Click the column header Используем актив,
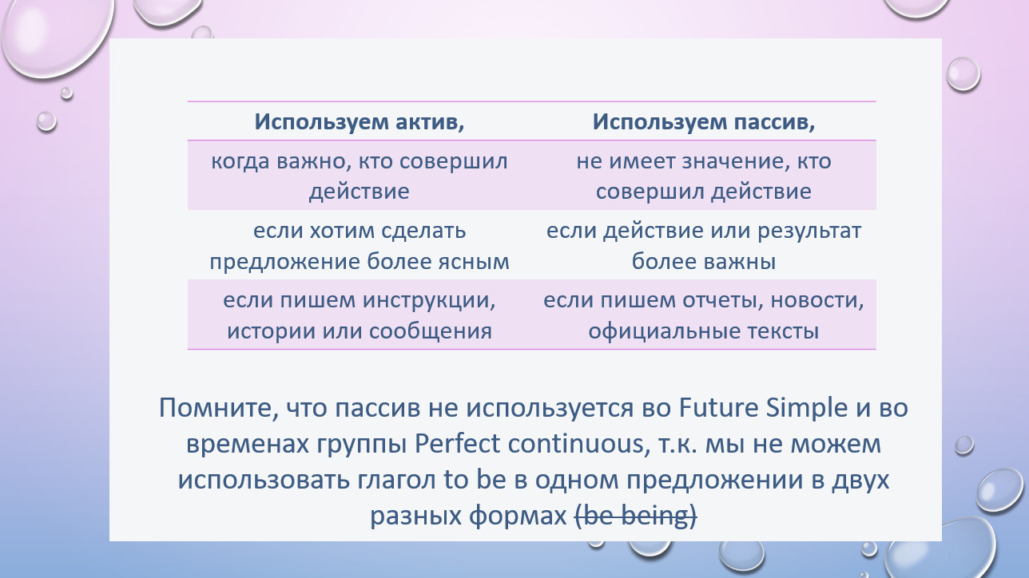(x=360, y=121)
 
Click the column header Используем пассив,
(x=704, y=121)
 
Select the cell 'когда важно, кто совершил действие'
(x=360, y=176)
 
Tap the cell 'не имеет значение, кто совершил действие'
(x=704, y=176)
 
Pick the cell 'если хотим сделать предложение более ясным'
(x=360, y=246)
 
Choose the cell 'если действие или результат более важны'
(x=704, y=246)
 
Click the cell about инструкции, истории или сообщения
(x=360, y=315)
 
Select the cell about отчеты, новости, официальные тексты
(x=704, y=315)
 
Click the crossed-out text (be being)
(x=636, y=516)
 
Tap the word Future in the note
(x=718, y=407)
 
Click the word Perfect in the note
(x=457, y=444)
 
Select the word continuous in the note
(x=575, y=445)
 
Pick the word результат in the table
(x=809, y=232)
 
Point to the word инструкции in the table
(x=429, y=302)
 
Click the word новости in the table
(x=817, y=301)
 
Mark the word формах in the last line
(x=518, y=517)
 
